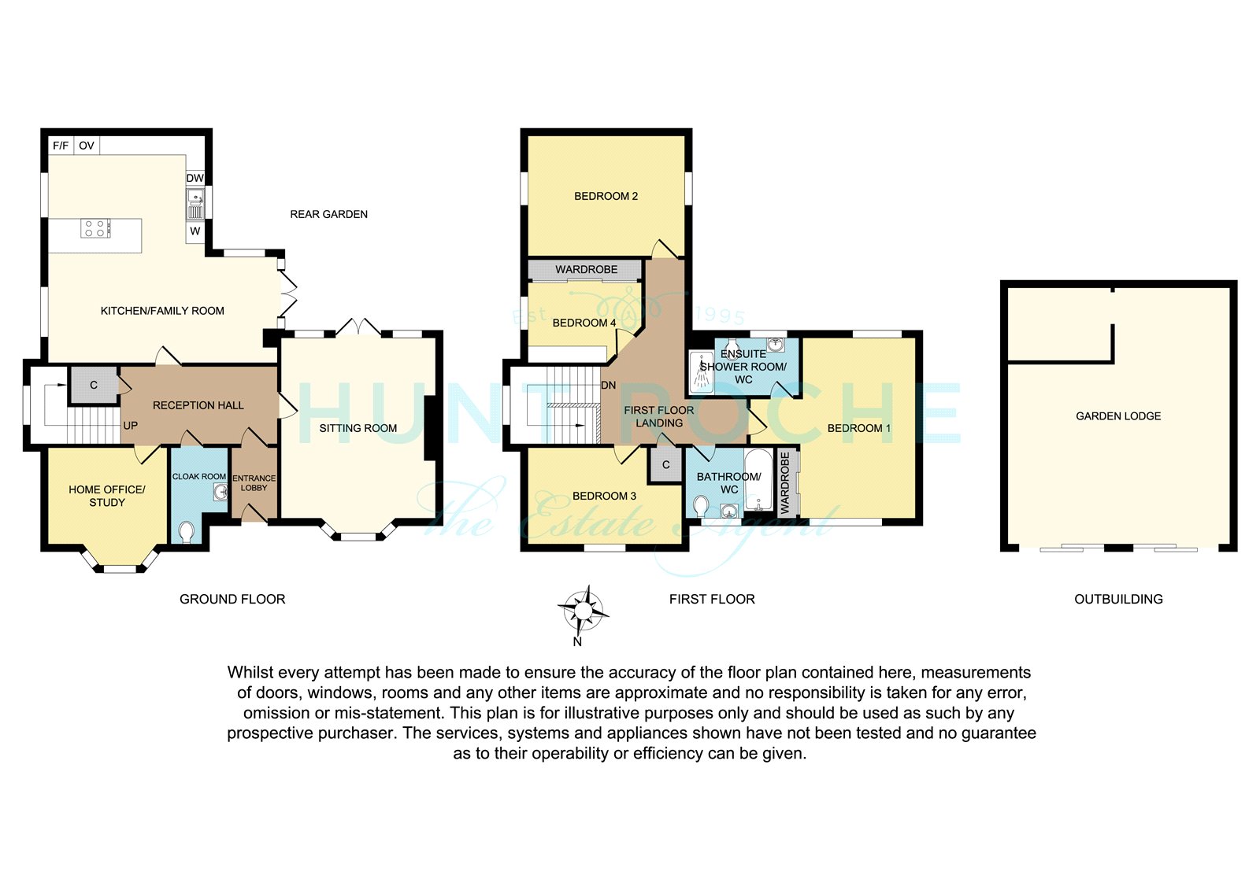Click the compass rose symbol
584,611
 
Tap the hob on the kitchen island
95,228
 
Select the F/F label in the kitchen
61,146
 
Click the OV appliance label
87,146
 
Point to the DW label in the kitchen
195,178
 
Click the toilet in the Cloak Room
186,532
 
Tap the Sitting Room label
358,428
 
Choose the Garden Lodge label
1118,416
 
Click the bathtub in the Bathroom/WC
760,479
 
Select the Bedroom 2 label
606,196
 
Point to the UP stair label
131,426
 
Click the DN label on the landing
609,386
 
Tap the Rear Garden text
328,214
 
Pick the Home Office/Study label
107,496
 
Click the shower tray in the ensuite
701,371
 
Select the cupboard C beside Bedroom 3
666,465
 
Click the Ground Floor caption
232,600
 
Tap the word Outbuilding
1118,600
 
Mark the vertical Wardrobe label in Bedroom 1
785,483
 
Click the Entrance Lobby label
254,483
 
